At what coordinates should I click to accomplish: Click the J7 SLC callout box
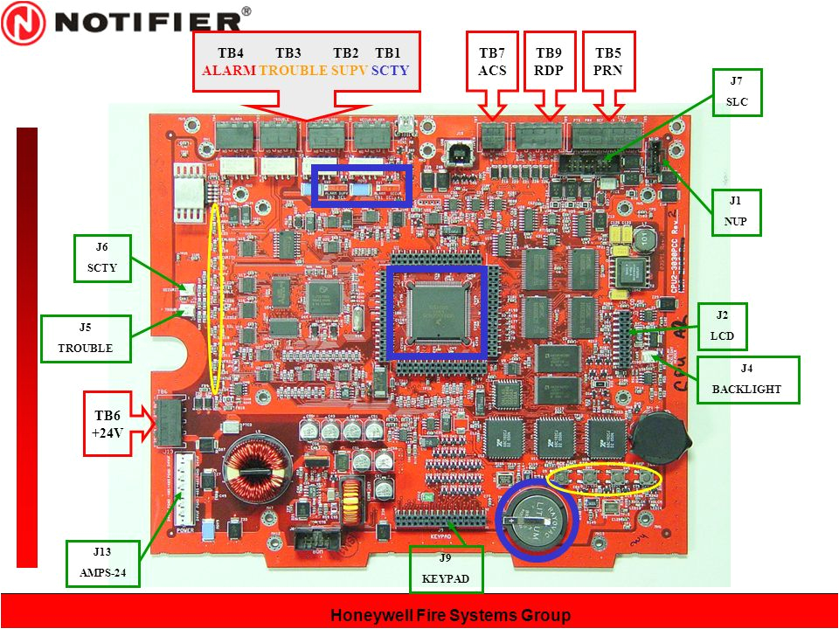(736, 92)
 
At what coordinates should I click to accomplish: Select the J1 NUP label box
(736, 211)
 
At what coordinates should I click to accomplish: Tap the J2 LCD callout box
(722, 325)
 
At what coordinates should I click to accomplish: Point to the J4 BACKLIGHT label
(748, 379)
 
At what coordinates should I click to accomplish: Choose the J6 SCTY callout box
(102, 258)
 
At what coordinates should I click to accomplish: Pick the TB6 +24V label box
(107, 424)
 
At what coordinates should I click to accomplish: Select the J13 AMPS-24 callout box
(103, 563)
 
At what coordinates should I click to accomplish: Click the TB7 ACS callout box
(493, 61)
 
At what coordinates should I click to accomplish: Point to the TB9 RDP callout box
(549, 61)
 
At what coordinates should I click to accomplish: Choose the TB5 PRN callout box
(607, 61)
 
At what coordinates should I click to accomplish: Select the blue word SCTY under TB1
(390, 71)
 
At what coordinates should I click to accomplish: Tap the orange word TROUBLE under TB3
(294, 71)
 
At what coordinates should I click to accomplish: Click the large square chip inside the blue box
(436, 311)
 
